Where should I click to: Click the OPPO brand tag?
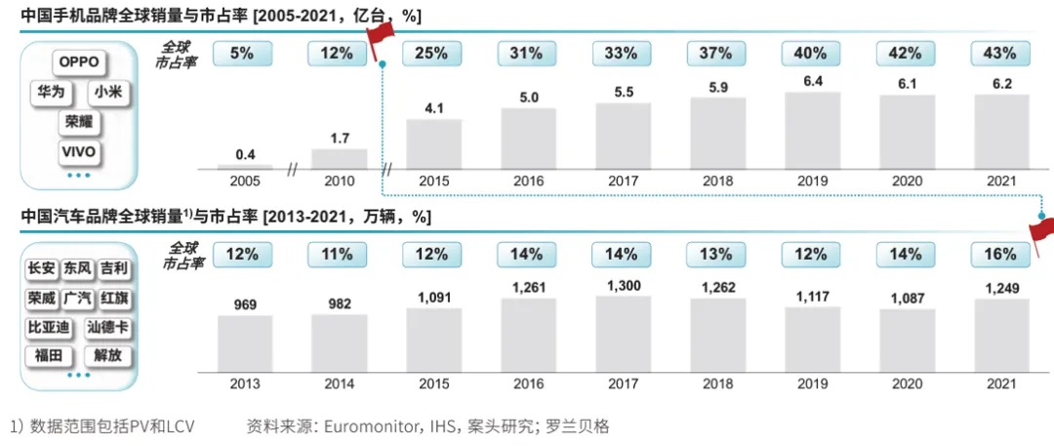pos(79,61)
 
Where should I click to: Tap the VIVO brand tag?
pos(79,152)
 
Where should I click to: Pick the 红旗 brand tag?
pos(113,298)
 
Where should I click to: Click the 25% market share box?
pos(431,53)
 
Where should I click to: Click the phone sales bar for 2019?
pos(811,131)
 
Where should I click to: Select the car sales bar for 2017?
pos(623,333)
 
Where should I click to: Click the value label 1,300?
pos(623,285)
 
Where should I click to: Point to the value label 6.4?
pos(811,80)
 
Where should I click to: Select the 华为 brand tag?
pos(50,93)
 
